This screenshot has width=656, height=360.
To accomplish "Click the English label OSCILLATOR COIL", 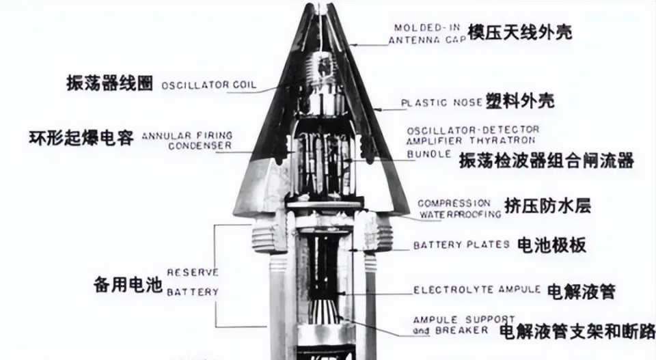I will (209, 85).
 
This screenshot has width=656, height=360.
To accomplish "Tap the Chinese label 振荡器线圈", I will (110, 82).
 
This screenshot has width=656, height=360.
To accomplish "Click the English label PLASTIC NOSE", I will (442, 103).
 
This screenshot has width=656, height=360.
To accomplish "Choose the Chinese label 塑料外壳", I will (519, 102).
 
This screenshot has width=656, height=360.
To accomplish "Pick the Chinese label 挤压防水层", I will (547, 206).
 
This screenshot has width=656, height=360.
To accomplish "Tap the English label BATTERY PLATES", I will (461, 245).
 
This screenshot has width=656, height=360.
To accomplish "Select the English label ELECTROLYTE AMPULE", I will (477, 290).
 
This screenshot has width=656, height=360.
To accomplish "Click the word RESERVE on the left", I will (193, 272).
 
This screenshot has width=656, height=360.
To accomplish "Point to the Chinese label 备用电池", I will (127, 283).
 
